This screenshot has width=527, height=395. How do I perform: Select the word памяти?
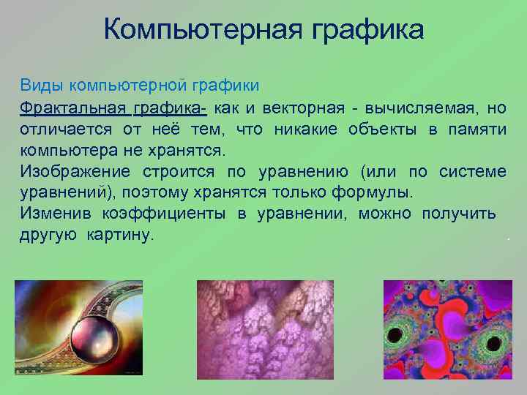[x=476, y=130]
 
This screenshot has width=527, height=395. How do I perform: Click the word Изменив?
[x=53, y=215]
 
